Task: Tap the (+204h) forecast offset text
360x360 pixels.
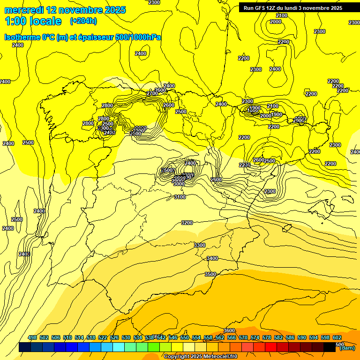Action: [83, 21]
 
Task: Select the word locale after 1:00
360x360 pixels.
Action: [45, 21]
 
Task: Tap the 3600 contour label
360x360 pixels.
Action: [229, 330]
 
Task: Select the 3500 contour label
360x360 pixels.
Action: [210, 274]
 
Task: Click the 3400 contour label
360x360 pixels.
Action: [212, 258]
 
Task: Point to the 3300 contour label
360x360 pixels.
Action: [200, 245]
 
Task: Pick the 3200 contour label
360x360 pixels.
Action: [187, 223]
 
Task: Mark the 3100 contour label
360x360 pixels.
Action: [180, 197]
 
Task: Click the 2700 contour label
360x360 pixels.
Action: [152, 93]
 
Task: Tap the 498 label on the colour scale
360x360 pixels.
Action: [32, 337]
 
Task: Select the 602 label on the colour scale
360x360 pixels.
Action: [337, 337]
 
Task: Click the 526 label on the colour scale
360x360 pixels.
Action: [114, 337]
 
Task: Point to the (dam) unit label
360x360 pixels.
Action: [347, 348]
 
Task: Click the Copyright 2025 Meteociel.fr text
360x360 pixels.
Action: [201, 356]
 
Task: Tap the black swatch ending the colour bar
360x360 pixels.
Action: [330, 347]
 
